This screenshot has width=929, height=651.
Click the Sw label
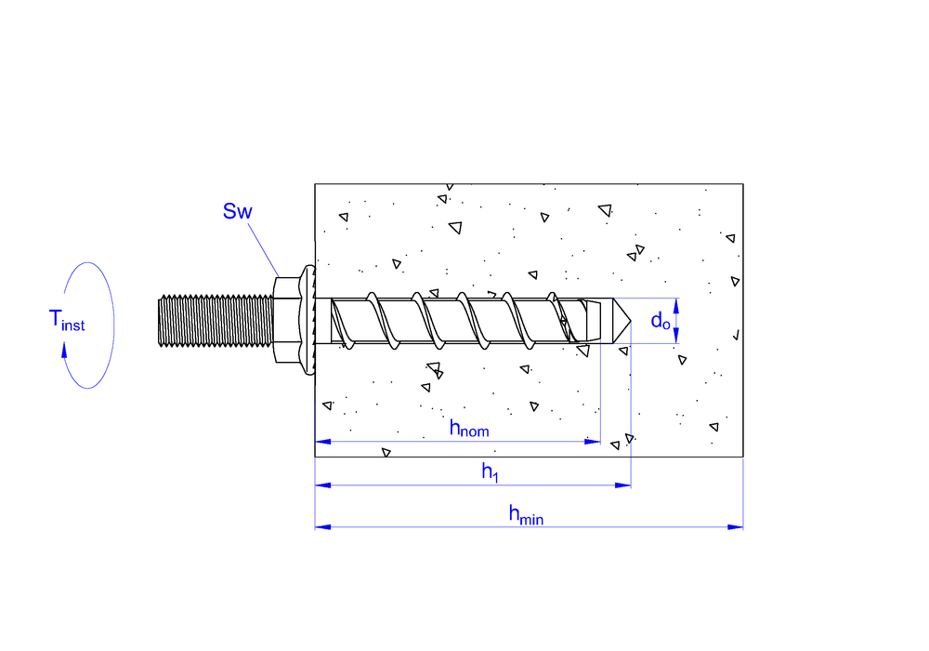pos(238,211)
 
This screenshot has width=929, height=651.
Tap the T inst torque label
pos(67,320)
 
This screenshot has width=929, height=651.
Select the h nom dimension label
pos(469,428)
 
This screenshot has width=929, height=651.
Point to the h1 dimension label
pos(490,472)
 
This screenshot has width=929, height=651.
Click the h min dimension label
pos(526,514)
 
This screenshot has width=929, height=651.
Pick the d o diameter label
pos(661,321)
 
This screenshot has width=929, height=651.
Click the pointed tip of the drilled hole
pos(631,321)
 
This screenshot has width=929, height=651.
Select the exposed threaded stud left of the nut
pos(216,320)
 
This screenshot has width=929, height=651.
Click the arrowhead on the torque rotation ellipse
pos(64,350)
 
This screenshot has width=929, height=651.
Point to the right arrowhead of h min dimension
pos(735,526)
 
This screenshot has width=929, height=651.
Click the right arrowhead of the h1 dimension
pos(623,485)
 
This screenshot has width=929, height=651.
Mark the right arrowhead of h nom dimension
pos(593,441)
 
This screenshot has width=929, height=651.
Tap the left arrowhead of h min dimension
pos(323,526)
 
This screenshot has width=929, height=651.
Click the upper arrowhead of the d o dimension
pos(676,306)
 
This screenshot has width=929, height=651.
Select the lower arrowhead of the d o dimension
pos(676,336)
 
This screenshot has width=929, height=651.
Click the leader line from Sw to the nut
pos(263,249)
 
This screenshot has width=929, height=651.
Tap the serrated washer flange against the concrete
pos(308,320)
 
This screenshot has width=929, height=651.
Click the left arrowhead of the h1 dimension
pos(323,485)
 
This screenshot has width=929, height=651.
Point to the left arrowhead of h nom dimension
pos(323,441)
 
